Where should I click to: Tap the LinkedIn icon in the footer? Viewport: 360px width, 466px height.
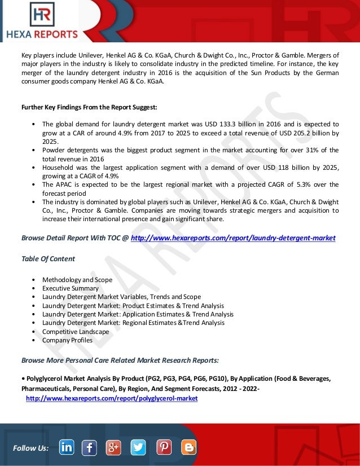(66, 447)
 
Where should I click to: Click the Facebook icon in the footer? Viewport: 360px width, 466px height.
(89, 447)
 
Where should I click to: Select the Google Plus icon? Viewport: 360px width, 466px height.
(113, 447)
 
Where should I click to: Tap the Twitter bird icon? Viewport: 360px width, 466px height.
(138, 447)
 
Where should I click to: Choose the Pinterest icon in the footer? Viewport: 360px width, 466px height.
(164, 447)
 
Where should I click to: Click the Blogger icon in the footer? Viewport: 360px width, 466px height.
(189, 447)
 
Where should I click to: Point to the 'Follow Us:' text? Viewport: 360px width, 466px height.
(30, 448)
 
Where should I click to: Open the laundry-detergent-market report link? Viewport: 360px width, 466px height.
(233, 238)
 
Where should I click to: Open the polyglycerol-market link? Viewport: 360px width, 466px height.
(112, 398)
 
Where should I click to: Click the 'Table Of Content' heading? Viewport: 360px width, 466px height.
(48, 258)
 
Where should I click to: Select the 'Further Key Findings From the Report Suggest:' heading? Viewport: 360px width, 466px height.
(89, 107)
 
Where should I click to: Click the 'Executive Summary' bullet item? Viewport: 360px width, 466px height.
(70, 288)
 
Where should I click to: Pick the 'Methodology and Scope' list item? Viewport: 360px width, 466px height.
(77, 280)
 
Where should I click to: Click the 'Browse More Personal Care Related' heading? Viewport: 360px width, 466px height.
(120, 359)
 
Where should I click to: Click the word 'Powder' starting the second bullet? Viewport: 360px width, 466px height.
(53, 150)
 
